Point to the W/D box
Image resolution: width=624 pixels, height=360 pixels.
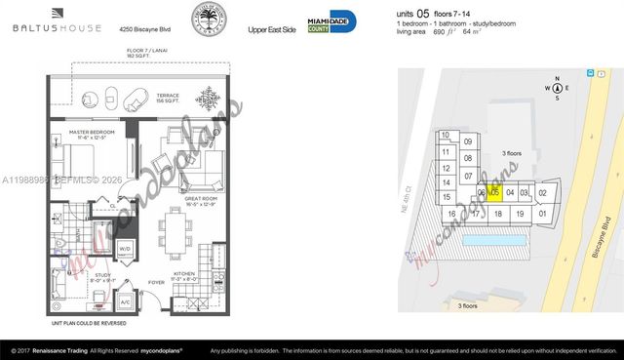point(124,249)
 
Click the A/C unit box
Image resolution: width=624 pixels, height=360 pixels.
point(126,302)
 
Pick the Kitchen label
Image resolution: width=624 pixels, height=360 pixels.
point(183,276)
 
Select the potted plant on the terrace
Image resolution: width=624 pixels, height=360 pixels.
point(207,100)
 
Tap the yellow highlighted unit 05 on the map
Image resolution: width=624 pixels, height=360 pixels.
point(494,193)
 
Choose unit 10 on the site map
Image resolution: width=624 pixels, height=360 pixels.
point(445,136)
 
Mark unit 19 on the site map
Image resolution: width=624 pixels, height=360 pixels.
point(520,214)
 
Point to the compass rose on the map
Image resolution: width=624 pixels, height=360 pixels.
point(557,87)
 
